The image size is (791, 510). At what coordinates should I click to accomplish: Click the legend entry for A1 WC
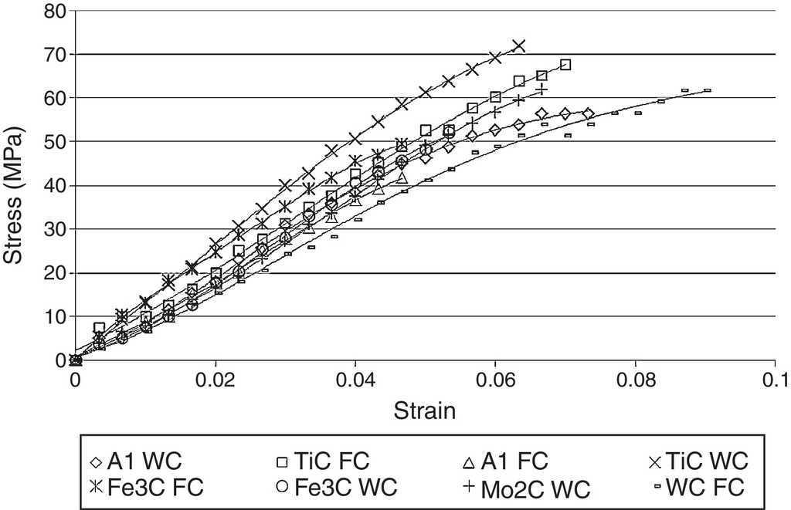point(135,461)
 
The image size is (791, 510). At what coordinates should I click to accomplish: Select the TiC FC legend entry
point(323,461)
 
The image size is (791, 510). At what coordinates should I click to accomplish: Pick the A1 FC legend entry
point(503,461)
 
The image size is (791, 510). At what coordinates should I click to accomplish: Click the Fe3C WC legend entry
point(336,487)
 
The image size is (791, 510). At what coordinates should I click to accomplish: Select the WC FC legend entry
point(696,487)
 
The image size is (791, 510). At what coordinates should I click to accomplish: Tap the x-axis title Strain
point(425,410)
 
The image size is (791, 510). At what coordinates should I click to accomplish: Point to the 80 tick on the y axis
point(56,11)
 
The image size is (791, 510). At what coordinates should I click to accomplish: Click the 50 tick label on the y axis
point(56,142)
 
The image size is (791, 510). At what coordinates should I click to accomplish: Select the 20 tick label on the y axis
point(56,273)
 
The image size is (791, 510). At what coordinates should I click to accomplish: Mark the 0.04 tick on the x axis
point(355,379)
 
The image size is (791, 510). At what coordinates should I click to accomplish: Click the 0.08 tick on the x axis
point(635,379)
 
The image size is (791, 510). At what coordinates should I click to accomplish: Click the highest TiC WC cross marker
point(519,46)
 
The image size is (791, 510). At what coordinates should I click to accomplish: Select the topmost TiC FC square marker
point(565,65)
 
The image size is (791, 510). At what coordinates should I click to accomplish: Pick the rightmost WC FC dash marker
point(707,90)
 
